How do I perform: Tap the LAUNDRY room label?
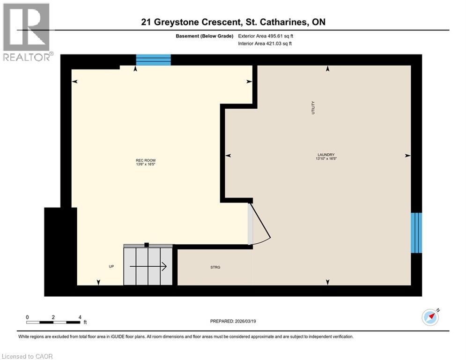tap(326, 155)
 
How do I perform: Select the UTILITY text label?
tap(313, 108)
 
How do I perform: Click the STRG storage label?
tap(215, 267)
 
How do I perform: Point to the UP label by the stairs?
tap(111, 266)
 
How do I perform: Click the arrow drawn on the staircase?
tap(148, 267)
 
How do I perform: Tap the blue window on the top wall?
tap(153, 60)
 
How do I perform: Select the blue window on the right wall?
tap(416, 233)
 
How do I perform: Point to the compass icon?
tap(430, 317)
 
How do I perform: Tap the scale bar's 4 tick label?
tap(80, 317)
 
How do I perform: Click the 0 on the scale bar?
tap(28, 317)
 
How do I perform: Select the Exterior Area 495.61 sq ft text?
tap(265, 36)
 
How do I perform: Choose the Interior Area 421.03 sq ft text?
tap(265, 44)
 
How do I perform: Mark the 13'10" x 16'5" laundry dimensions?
tap(326, 159)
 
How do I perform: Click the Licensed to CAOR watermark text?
tap(28, 356)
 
